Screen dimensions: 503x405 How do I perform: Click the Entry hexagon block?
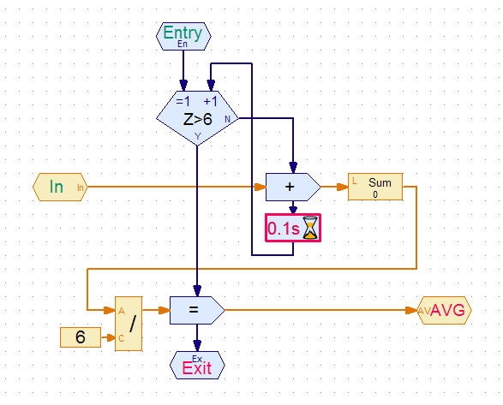tap(183, 36)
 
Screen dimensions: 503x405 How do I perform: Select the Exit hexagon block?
tap(197, 366)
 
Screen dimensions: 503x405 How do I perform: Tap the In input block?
tap(60, 188)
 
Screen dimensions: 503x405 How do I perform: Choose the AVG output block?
tap(444, 311)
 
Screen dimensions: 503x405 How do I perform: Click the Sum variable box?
tap(375, 187)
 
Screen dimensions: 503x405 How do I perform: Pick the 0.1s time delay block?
tap(293, 228)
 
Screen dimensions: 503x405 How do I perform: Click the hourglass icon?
tap(310, 228)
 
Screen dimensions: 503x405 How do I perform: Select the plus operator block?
tap(293, 188)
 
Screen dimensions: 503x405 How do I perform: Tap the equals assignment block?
tap(197, 311)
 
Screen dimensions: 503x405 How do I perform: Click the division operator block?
tap(129, 324)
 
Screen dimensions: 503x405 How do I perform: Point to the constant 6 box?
tap(81, 337)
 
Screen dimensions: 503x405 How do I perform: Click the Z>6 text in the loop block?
tap(198, 119)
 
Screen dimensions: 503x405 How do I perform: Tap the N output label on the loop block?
tap(227, 119)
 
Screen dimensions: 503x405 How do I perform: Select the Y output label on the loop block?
tap(198, 136)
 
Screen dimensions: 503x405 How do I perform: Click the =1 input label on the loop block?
tap(183, 102)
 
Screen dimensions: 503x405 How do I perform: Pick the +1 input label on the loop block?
tap(211, 102)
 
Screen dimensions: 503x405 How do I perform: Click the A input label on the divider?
tap(122, 311)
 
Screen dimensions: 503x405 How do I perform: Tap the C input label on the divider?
tap(121, 338)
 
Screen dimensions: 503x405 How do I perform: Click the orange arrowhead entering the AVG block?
tap(411, 311)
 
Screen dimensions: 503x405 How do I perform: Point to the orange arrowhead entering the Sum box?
tap(342, 187)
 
